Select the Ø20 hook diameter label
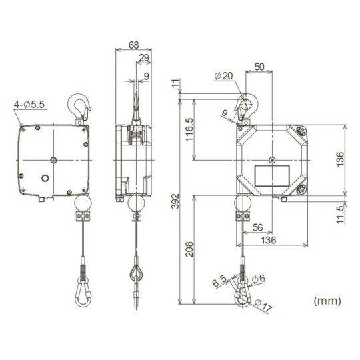224,77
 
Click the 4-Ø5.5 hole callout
28,105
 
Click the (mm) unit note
327,301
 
